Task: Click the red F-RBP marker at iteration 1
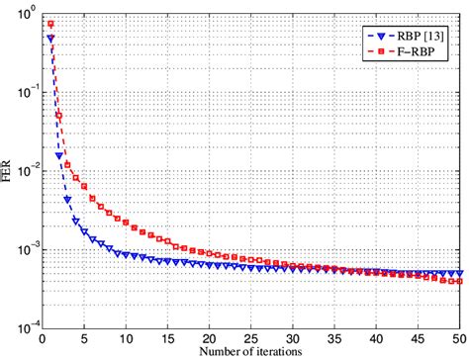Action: coord(50,24)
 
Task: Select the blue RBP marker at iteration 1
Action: coord(50,39)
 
